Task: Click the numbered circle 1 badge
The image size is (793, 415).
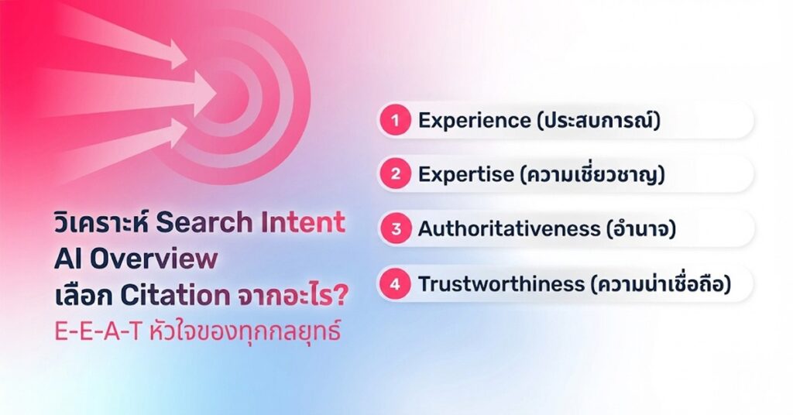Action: [x=396, y=120]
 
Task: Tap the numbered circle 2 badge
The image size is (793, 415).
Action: [x=396, y=174]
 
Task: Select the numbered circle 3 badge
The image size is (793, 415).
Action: [x=396, y=229]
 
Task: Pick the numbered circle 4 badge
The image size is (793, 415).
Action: [x=396, y=283]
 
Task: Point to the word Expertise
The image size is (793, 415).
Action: [x=465, y=175]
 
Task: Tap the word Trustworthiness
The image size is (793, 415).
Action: [x=501, y=283]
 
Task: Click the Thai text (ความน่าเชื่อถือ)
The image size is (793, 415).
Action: [x=661, y=283]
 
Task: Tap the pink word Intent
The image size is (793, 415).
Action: [x=303, y=222]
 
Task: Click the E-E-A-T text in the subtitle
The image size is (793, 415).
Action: [x=97, y=332]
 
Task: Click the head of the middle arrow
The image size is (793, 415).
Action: [x=204, y=94]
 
